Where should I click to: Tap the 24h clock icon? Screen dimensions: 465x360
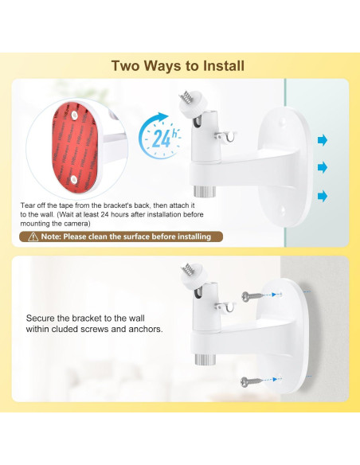point(158,137)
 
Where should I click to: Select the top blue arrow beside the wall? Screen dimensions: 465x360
point(323,141)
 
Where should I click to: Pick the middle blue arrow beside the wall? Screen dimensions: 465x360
point(323,167)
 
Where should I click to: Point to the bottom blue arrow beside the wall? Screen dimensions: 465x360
point(323,195)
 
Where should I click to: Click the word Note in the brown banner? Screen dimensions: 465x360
point(51,236)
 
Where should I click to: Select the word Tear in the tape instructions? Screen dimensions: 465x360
point(29,205)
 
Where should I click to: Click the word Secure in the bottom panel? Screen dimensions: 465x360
point(41,317)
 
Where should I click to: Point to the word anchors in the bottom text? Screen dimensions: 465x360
point(146,327)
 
